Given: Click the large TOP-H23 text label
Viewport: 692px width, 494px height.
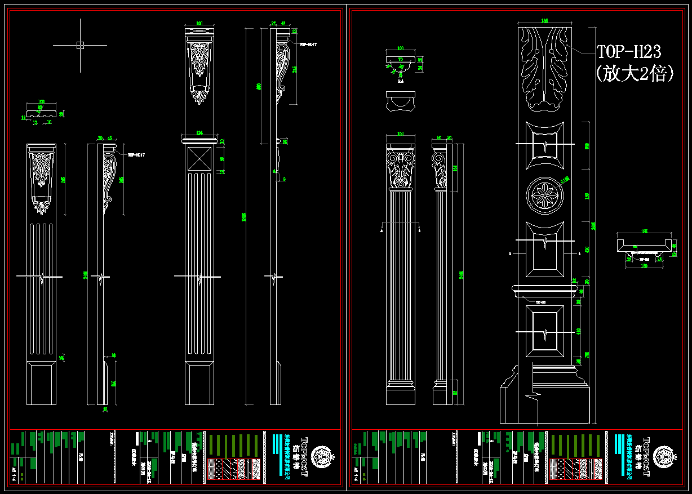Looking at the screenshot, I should tap(629, 52).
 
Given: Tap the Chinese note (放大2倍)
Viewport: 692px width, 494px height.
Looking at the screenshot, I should tap(635, 74).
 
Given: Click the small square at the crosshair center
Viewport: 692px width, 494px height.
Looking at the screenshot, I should tap(79, 45).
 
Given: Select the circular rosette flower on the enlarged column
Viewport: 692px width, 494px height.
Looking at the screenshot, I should tap(544, 195).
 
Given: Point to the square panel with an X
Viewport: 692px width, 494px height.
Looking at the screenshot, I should tap(199, 159).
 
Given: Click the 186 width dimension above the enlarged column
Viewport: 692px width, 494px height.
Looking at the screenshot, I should tap(544, 21).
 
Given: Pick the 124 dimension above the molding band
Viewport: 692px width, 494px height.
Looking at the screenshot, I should tap(199, 132).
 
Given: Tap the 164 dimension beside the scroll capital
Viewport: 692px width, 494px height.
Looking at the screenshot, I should tap(455, 167).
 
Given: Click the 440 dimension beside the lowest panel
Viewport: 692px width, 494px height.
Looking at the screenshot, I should tap(579, 331).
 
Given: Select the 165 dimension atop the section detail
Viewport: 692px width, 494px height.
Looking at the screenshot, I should tap(644, 231).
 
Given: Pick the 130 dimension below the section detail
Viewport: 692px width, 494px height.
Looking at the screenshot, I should tap(644, 265).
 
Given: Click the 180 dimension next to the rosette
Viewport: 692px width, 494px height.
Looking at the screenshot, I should tap(587, 195).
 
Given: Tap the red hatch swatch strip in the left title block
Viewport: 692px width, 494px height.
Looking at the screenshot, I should tap(218, 469).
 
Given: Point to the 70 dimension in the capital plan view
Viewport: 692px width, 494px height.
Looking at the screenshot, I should tap(401, 59).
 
